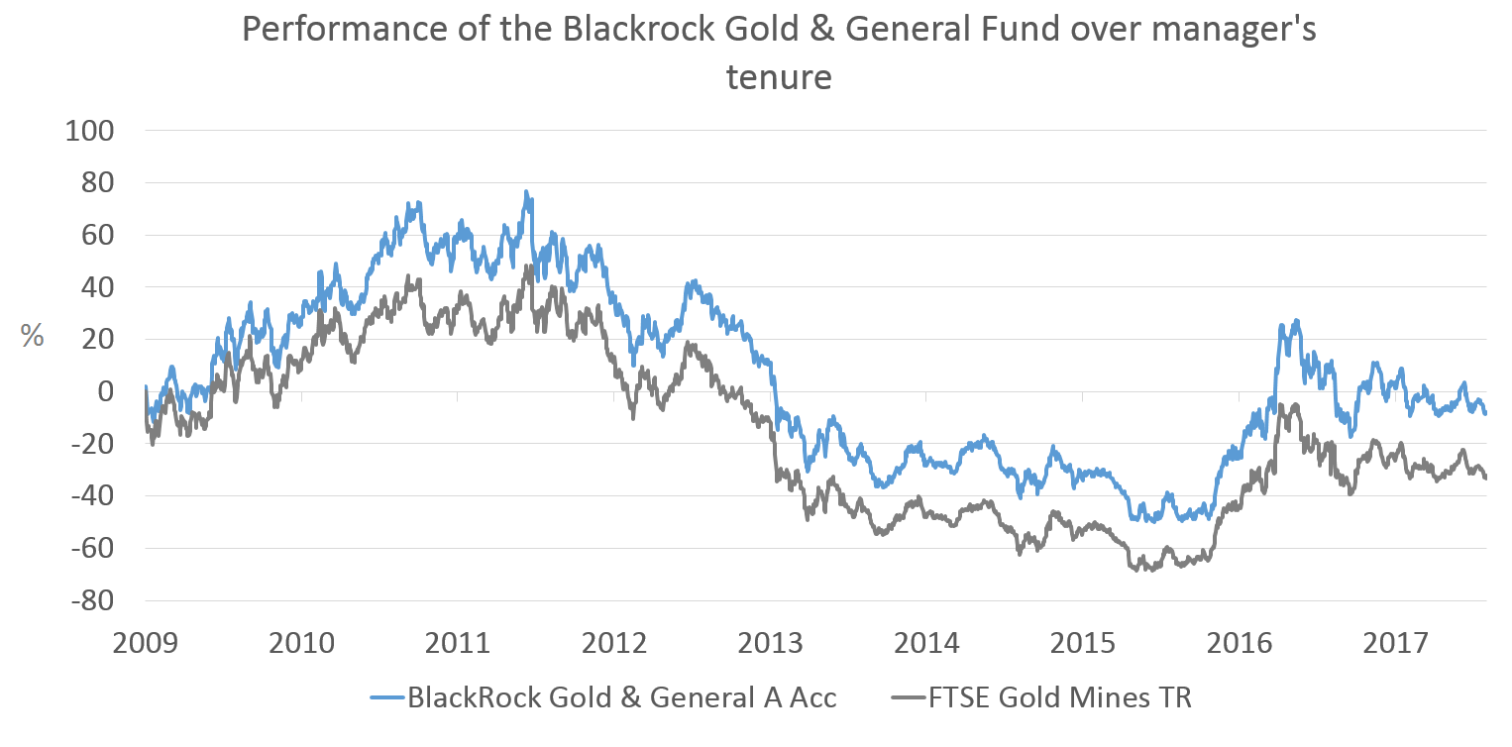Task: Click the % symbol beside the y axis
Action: pyautogui.click(x=33, y=336)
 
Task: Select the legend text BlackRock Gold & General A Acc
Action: pyautogui.click(x=622, y=697)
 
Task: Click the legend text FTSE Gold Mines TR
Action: pyautogui.click(x=1059, y=697)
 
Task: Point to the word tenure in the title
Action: pyautogui.click(x=778, y=76)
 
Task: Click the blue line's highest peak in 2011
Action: pyautogui.click(x=527, y=192)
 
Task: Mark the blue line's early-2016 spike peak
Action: pyautogui.click(x=1297, y=320)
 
